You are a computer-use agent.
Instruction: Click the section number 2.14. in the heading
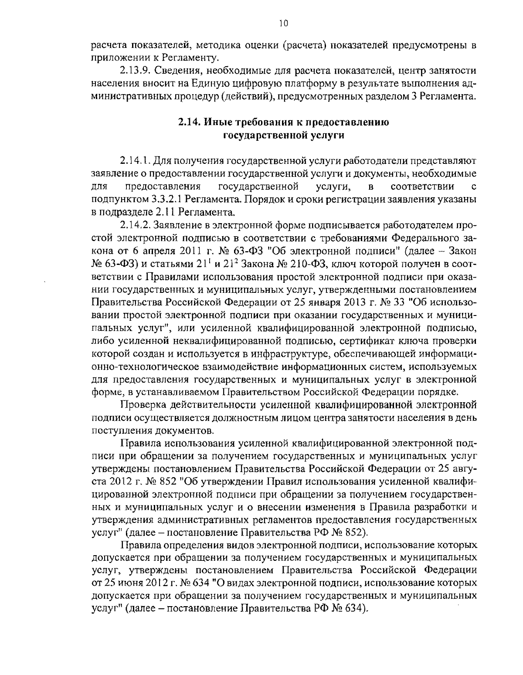189,122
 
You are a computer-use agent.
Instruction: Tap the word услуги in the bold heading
327,136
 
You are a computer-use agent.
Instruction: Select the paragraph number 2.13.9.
134,71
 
